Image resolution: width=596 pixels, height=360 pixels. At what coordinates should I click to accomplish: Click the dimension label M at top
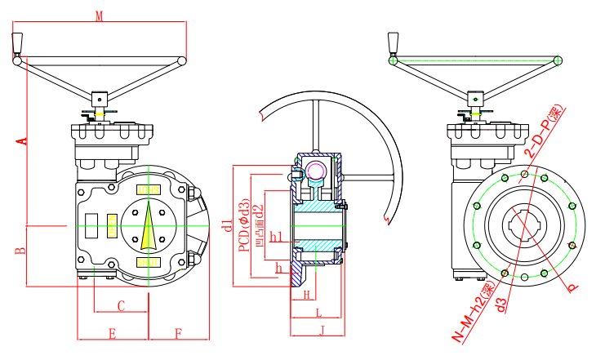[99, 16]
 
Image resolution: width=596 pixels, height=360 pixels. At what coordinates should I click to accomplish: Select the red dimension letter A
[22, 140]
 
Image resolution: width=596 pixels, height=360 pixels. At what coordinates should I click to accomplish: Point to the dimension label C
[121, 306]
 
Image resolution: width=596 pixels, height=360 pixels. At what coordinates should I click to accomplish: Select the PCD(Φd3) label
[242, 226]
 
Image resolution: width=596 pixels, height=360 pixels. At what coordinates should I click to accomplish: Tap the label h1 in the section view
[275, 238]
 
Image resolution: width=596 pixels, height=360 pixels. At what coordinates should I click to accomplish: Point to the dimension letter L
[318, 313]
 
